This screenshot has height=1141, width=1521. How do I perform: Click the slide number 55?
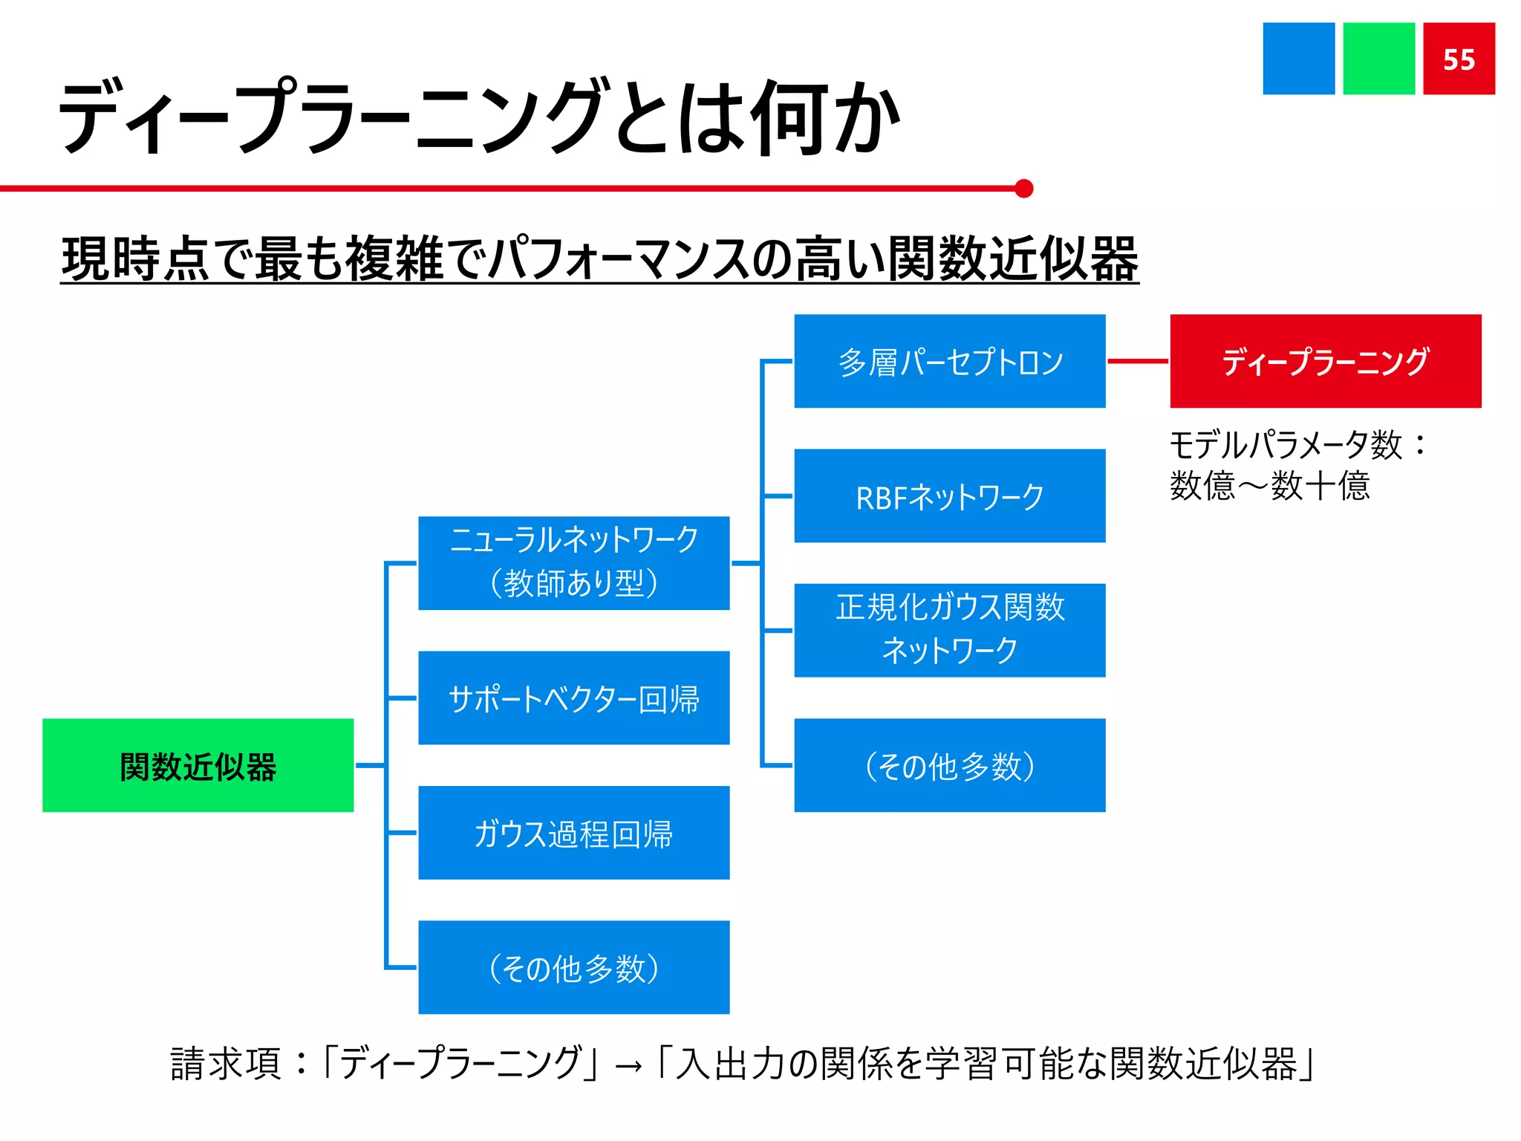coord(1459,59)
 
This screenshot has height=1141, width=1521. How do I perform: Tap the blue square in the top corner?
coord(1298,59)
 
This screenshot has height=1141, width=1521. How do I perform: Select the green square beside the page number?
coord(1378,59)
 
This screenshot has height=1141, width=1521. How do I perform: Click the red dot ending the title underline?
coord(1024,189)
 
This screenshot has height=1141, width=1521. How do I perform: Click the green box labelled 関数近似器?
coord(198,765)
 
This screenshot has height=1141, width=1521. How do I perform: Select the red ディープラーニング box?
coord(1326,361)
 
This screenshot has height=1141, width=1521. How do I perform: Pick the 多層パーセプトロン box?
coord(949,361)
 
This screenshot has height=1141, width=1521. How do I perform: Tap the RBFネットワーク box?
coord(949,495)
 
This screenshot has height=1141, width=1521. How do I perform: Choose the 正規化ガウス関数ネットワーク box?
coord(949,630)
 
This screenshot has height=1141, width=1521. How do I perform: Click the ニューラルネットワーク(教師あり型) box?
coord(573,563)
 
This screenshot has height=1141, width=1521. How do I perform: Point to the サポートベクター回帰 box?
coord(573,698)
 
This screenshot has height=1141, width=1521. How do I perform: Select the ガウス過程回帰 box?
coord(573,833)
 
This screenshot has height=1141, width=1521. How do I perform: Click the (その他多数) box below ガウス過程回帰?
coord(573,967)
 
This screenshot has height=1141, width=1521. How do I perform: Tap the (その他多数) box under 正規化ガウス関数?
coord(949,765)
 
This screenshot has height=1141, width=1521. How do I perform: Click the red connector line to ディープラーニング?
coord(1138,361)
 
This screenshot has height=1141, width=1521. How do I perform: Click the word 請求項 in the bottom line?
coord(226,1063)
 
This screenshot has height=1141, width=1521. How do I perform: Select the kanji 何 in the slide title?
coord(789,119)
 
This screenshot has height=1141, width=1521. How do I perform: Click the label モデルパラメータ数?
coord(1285,445)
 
